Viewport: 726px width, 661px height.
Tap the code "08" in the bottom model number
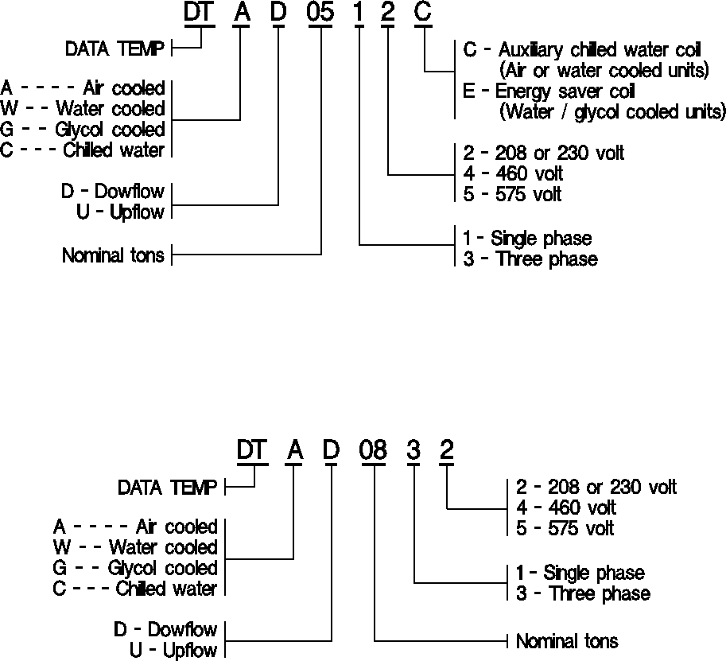pyautogui.click(x=373, y=450)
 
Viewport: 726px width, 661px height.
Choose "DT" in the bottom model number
pyautogui.click(x=254, y=450)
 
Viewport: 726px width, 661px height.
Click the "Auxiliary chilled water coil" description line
pyautogui.click(x=582, y=49)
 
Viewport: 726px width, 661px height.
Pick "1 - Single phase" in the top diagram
pyautogui.click(x=527, y=238)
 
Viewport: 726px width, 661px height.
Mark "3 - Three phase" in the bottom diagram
pyautogui.click(x=583, y=593)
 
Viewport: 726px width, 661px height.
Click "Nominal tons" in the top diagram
pyautogui.click(x=113, y=255)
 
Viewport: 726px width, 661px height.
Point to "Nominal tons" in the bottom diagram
pyautogui.click(x=567, y=640)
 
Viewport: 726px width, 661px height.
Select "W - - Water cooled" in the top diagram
pyautogui.click(x=83, y=109)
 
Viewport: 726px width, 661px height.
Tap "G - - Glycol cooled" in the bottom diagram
pyautogui.click(x=135, y=568)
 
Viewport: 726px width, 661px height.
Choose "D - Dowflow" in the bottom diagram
pyautogui.click(x=165, y=629)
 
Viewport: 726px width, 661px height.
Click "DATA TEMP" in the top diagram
pyautogui.click(x=115, y=49)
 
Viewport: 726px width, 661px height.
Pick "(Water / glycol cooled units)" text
pyautogui.click(x=612, y=111)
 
